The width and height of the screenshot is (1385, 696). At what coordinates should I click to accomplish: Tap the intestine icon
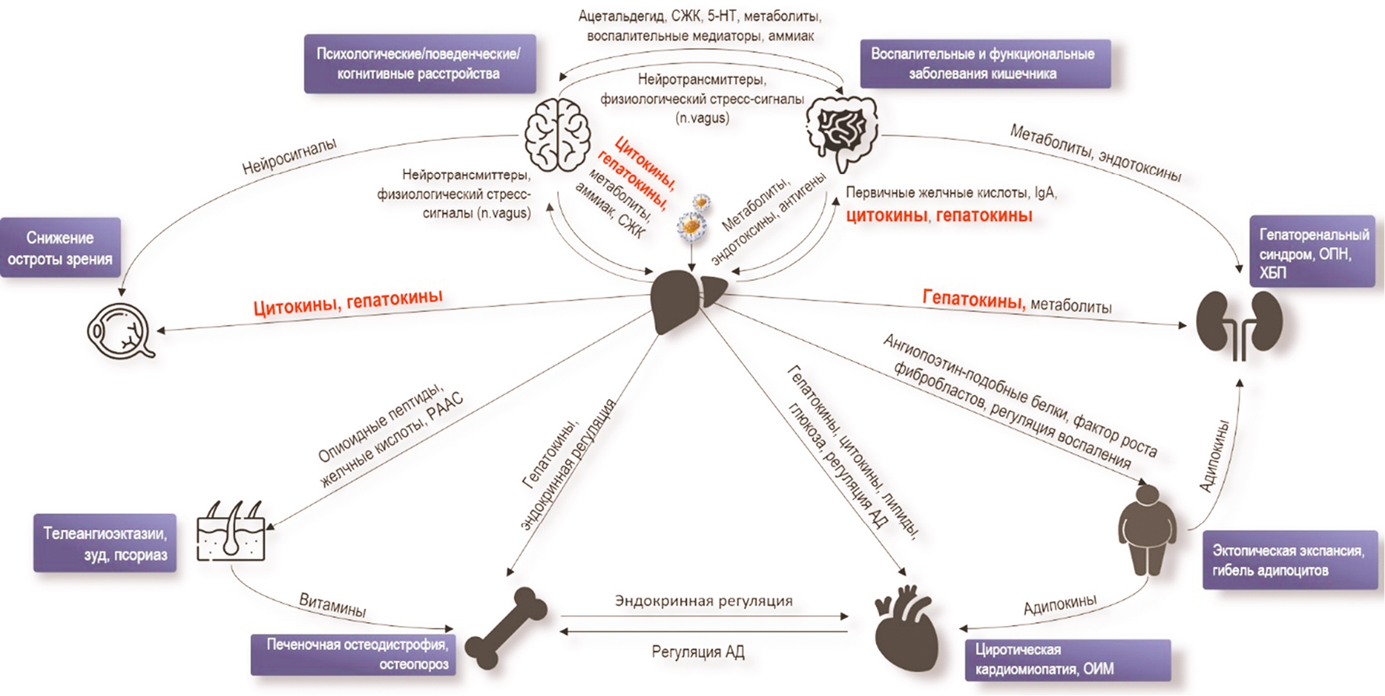843,131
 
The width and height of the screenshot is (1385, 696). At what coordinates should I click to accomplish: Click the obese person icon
1147,529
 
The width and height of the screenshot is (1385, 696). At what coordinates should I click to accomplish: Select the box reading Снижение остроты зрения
61,248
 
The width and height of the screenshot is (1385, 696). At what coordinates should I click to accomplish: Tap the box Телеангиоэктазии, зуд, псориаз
105,544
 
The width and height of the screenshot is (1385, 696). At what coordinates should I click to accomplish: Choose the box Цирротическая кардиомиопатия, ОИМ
1066,659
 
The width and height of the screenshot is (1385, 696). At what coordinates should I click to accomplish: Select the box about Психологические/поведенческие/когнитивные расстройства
420,64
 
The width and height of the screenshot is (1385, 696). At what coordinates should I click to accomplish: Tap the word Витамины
333,604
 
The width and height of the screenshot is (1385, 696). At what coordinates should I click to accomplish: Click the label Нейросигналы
289,156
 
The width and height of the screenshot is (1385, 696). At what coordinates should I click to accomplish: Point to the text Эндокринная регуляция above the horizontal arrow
703,600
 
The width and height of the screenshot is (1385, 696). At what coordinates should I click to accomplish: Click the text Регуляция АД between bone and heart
698,652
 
